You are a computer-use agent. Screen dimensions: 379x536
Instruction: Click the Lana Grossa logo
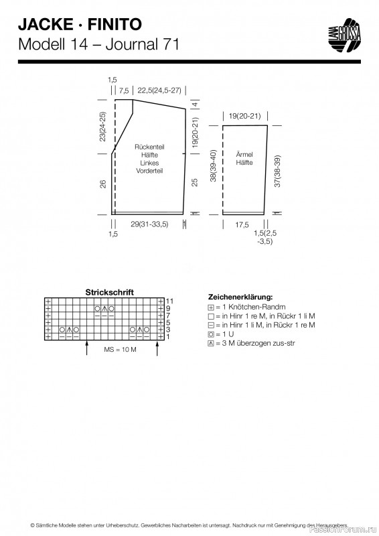point(344,36)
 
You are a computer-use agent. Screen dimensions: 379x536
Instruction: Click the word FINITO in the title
point(115,25)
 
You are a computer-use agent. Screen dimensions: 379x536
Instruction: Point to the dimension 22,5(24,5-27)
point(159,90)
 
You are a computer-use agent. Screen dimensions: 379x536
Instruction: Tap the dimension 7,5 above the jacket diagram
point(124,91)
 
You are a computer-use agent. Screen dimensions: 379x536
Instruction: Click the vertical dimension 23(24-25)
point(102,127)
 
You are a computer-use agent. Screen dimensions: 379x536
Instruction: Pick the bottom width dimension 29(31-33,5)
point(149,224)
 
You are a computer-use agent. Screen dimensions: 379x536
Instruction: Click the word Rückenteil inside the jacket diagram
point(149,147)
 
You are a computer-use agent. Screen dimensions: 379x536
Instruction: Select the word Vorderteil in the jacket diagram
point(149,171)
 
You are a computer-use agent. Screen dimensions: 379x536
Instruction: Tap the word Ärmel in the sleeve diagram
point(244,155)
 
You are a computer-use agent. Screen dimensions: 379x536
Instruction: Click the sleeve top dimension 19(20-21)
point(244,116)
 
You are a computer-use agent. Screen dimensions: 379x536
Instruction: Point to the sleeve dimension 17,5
point(242,225)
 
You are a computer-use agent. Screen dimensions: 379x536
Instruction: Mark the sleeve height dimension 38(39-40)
point(213,165)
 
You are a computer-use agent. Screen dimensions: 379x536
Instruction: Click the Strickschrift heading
point(109,293)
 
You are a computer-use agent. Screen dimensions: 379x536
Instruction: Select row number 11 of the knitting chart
point(169,301)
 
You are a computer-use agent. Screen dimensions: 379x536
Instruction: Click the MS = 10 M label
point(121,350)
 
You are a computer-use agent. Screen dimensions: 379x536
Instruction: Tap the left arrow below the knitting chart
point(87,348)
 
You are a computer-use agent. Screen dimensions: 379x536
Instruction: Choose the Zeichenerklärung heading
point(240,297)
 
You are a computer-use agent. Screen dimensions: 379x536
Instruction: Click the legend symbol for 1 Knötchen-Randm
point(211,308)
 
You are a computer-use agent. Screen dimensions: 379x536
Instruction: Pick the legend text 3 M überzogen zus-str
point(258,343)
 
